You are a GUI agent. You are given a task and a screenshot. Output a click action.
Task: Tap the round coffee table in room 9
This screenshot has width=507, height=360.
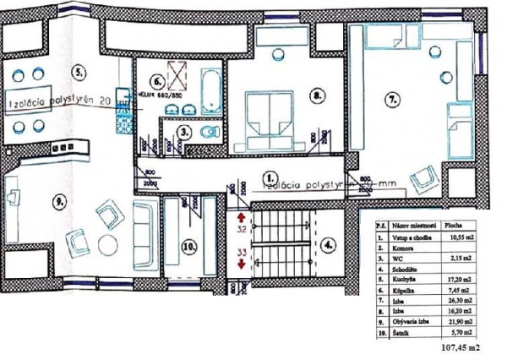[x=108, y=246]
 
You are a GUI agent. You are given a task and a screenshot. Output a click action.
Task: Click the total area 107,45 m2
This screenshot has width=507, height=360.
[x=460, y=346]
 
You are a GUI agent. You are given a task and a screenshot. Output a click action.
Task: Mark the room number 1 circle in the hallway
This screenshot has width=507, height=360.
[x=269, y=179]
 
